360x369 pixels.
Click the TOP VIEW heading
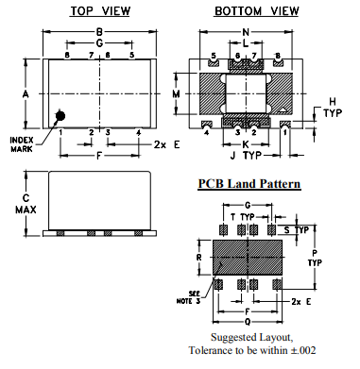pyautogui.click(x=100, y=11)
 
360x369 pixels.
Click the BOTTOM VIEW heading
pyautogui.click(x=256, y=11)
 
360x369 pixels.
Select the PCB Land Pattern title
pyautogui.click(x=249, y=183)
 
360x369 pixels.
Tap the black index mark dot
pyautogui.click(x=60, y=116)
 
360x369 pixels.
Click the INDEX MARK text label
pyautogui.click(x=22, y=144)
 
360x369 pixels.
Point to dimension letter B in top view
pyautogui.click(x=99, y=32)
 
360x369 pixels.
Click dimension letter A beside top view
pyautogui.click(x=26, y=93)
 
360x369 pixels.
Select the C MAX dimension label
pyautogui.click(x=26, y=204)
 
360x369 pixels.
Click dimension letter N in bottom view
pyautogui.click(x=246, y=32)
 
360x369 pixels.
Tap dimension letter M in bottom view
pyautogui.click(x=177, y=93)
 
